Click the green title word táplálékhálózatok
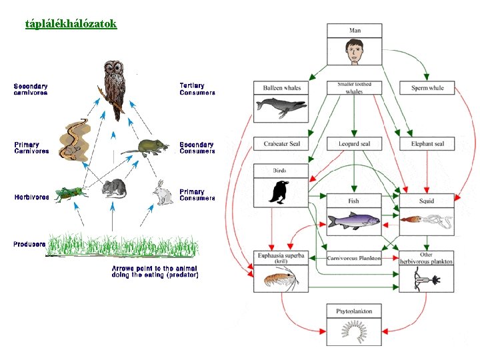71,24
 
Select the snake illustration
75,140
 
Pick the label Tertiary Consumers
197,89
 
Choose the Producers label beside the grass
29,244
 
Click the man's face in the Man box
355,51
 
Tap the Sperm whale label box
427,88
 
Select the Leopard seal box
354,143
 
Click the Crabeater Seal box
281,143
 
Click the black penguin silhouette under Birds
279,192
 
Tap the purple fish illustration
354,221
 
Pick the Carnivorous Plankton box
354,258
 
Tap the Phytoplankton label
354,311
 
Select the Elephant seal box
427,143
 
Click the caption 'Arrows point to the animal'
154,269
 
